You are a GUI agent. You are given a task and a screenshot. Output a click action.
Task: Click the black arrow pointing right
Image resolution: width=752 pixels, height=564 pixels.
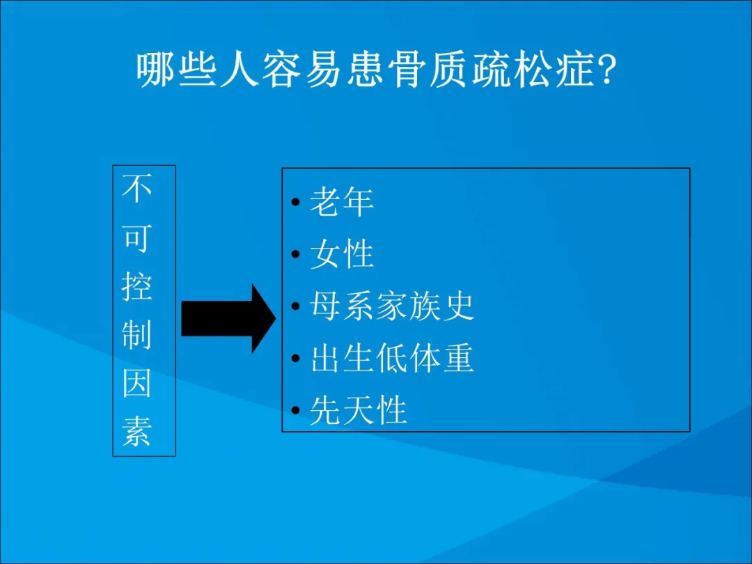click(x=228, y=318)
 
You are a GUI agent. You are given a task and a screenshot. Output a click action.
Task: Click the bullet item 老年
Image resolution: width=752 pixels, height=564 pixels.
click(x=341, y=201)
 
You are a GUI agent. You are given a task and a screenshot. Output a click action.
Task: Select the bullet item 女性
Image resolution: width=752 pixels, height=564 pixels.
click(x=341, y=253)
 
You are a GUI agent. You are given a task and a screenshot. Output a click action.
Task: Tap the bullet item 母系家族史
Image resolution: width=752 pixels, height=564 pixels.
click(x=392, y=306)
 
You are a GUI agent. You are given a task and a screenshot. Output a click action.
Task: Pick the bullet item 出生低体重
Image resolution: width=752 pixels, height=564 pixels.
click(x=392, y=359)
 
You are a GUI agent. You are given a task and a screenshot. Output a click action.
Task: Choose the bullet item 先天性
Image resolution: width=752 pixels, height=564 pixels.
click(x=359, y=411)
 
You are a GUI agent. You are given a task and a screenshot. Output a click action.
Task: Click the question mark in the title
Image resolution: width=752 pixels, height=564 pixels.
click(x=606, y=70)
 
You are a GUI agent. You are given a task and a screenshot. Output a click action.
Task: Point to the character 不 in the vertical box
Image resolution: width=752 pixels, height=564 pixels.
click(x=136, y=189)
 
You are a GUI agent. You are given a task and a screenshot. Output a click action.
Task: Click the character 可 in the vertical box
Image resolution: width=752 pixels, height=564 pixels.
click(x=136, y=237)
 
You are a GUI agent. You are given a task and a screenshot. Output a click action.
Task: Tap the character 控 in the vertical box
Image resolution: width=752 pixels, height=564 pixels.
click(x=136, y=286)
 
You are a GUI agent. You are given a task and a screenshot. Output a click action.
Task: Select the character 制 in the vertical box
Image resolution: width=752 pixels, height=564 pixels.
click(x=136, y=335)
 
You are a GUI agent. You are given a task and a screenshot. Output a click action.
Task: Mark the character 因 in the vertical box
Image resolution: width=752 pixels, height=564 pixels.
click(x=136, y=383)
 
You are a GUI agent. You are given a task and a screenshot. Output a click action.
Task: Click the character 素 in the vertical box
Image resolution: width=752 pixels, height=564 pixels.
click(x=136, y=431)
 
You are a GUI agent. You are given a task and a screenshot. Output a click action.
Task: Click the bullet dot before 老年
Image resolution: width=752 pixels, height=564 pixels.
click(x=295, y=202)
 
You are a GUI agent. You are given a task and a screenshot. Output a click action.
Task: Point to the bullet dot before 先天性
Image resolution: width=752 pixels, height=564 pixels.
click(x=295, y=411)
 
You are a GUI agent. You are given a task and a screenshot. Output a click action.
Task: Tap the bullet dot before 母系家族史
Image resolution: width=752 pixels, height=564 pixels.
click(x=295, y=306)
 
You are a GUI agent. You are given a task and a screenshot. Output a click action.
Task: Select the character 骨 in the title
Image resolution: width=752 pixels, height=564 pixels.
click(x=406, y=70)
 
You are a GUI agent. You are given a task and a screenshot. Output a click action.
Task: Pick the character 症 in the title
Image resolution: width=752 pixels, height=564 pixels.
click(x=574, y=70)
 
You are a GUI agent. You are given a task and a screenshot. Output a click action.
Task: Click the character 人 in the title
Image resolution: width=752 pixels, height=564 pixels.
click(x=239, y=70)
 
